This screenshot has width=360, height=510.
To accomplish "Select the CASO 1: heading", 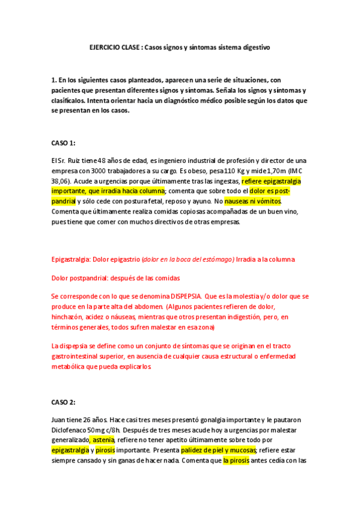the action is click(64, 143).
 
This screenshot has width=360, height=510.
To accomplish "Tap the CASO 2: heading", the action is click(64, 402).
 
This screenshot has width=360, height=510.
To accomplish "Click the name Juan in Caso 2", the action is click(59, 420).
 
